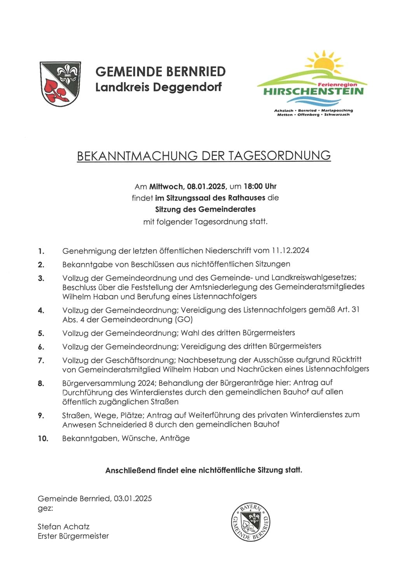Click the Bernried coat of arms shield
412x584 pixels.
[60, 83]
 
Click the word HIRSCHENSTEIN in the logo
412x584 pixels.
[313, 91]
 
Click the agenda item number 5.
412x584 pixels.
[41, 334]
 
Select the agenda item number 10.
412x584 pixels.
[43, 439]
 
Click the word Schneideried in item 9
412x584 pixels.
[126, 424]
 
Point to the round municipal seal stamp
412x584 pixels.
[250, 522]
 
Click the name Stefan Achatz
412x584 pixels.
[63, 527]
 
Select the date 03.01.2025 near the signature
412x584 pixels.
[133, 499]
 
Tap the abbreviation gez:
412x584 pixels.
[45, 508]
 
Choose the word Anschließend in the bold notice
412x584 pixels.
[130, 470]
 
